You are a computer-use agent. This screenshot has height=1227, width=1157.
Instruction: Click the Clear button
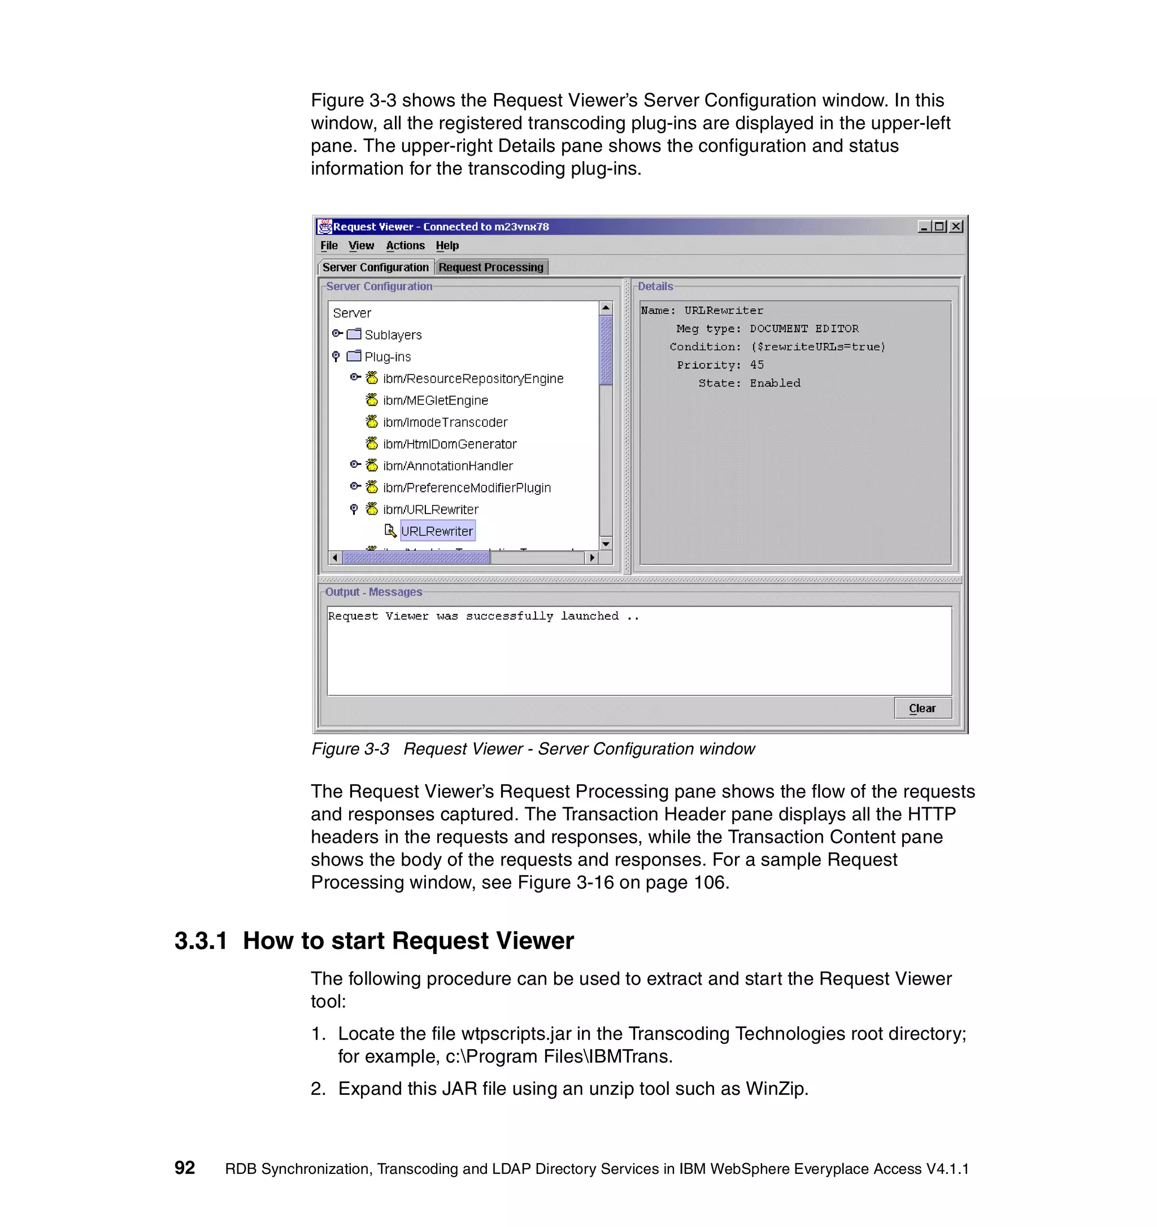922,708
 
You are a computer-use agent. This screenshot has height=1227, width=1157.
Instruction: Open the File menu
328,245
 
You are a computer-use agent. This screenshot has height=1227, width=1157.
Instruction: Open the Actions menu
405,245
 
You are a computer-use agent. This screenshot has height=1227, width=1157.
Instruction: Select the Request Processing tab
490,267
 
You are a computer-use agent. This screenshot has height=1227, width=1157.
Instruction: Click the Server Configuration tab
375,267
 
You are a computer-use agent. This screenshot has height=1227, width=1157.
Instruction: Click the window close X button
956,227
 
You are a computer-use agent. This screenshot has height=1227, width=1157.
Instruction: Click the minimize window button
924,227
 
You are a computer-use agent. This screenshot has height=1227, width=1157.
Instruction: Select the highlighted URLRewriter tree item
436,531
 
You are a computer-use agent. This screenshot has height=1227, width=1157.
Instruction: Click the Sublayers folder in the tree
393,334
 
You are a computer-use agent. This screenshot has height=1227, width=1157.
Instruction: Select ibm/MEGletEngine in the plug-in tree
435,400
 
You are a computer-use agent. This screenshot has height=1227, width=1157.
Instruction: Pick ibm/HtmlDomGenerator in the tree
449,444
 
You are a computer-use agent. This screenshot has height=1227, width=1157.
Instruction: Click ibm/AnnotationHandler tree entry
447,465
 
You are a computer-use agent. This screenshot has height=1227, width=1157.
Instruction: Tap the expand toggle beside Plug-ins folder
336,356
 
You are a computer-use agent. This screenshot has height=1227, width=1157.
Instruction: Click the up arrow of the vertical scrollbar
606,307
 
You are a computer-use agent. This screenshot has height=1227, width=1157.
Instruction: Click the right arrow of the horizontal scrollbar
591,558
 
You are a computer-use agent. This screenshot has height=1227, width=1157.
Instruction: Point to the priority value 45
756,365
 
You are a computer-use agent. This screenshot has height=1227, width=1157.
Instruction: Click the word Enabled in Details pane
775,382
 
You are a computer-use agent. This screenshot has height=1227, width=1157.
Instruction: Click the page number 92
185,1167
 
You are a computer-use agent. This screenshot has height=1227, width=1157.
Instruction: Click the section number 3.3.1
201,941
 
